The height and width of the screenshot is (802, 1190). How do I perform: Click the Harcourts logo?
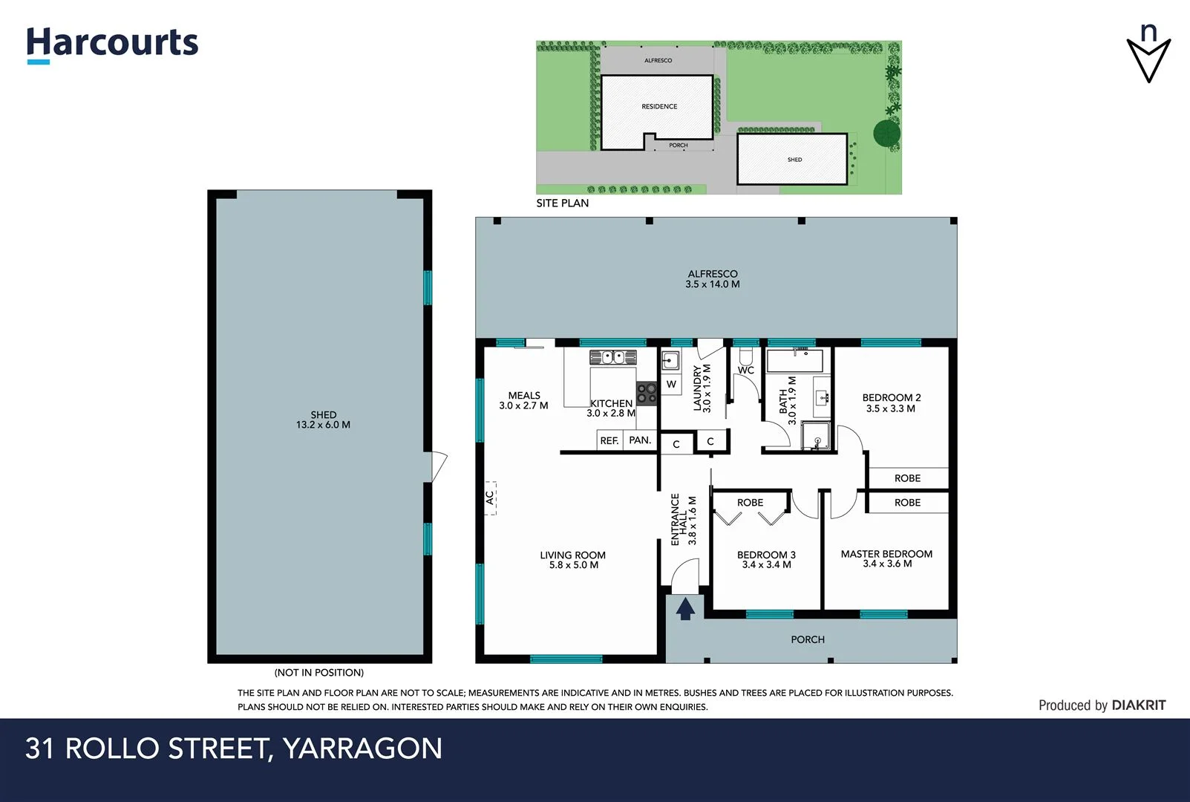coord(113,44)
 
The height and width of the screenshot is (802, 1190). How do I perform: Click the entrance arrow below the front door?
coord(685,609)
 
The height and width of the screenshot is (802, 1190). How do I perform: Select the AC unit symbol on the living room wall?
coord(490,498)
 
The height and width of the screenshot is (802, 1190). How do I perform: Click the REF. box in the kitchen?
coord(609,440)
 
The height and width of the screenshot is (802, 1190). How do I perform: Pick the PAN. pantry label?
coord(640,440)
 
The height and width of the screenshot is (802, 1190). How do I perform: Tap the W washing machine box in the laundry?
coord(671,384)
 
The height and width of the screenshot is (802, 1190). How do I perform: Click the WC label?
coord(745,370)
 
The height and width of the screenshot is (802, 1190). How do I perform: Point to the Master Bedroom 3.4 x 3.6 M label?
coord(886,558)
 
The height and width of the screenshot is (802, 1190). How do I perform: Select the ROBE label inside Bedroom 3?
coord(750,503)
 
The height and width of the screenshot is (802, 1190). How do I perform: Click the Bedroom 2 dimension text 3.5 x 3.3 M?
coord(891,408)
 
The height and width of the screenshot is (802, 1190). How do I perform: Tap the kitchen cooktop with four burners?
coord(646,393)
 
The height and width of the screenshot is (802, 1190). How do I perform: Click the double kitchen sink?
coord(612,357)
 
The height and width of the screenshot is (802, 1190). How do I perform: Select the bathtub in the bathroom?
coord(794,362)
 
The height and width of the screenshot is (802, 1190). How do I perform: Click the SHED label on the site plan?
coord(794,160)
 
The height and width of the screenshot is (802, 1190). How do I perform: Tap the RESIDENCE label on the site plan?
coord(659,106)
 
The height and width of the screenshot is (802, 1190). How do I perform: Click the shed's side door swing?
coord(438,466)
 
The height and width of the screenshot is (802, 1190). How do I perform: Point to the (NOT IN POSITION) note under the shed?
coord(319,673)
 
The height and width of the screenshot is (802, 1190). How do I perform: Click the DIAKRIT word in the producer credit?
coord(1139,705)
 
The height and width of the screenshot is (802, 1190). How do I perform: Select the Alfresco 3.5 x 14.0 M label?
coord(713,279)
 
